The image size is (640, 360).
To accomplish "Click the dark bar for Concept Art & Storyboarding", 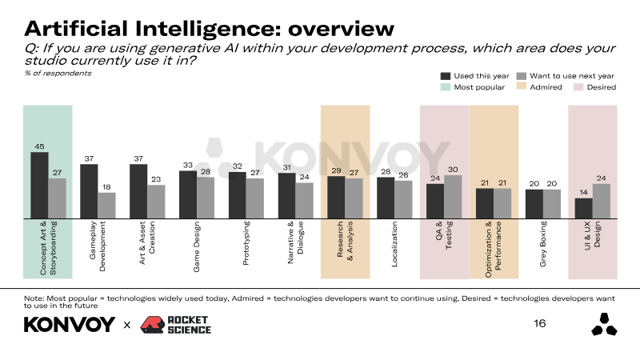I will (39, 185).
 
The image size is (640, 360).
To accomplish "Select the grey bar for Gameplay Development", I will (106, 205).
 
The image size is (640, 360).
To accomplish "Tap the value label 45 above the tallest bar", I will (39, 146).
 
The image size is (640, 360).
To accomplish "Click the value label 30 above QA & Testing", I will (453, 169).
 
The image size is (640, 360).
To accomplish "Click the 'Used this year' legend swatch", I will (445, 75).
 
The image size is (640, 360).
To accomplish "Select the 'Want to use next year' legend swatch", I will (522, 75).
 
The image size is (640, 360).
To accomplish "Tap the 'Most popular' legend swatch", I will (445, 86).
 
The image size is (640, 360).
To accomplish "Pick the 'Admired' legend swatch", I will (522, 86).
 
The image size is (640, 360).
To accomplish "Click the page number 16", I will (540, 323).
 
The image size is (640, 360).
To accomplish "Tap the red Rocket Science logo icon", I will (152, 325).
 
